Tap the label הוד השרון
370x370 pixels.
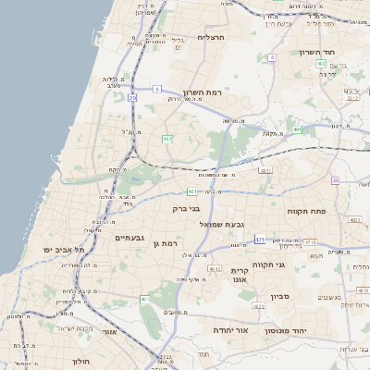[x=315, y=52]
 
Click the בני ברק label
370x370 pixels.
[x=187, y=209]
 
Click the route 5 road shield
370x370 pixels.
[x=158, y=89]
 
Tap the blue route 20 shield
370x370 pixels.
[x=133, y=97]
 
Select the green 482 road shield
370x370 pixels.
[x=167, y=139]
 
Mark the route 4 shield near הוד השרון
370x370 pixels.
[x=273, y=57]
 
